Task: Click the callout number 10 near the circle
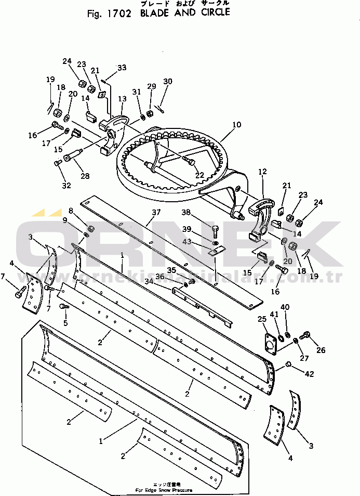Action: click(236, 125)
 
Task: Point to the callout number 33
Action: click(122, 68)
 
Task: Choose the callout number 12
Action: click(262, 171)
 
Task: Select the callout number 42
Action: click(310, 373)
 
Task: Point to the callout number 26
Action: click(321, 350)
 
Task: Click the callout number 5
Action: click(66, 322)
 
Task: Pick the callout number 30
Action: click(167, 81)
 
